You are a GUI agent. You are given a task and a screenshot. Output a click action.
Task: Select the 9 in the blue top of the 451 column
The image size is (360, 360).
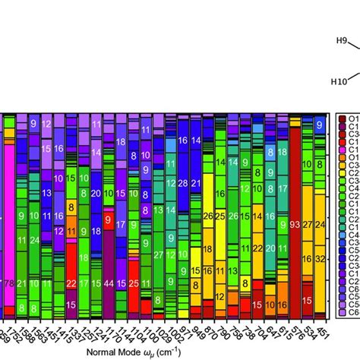(x=320, y=125)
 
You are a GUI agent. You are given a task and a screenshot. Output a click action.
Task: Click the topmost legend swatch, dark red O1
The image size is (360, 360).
(x=342, y=119)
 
